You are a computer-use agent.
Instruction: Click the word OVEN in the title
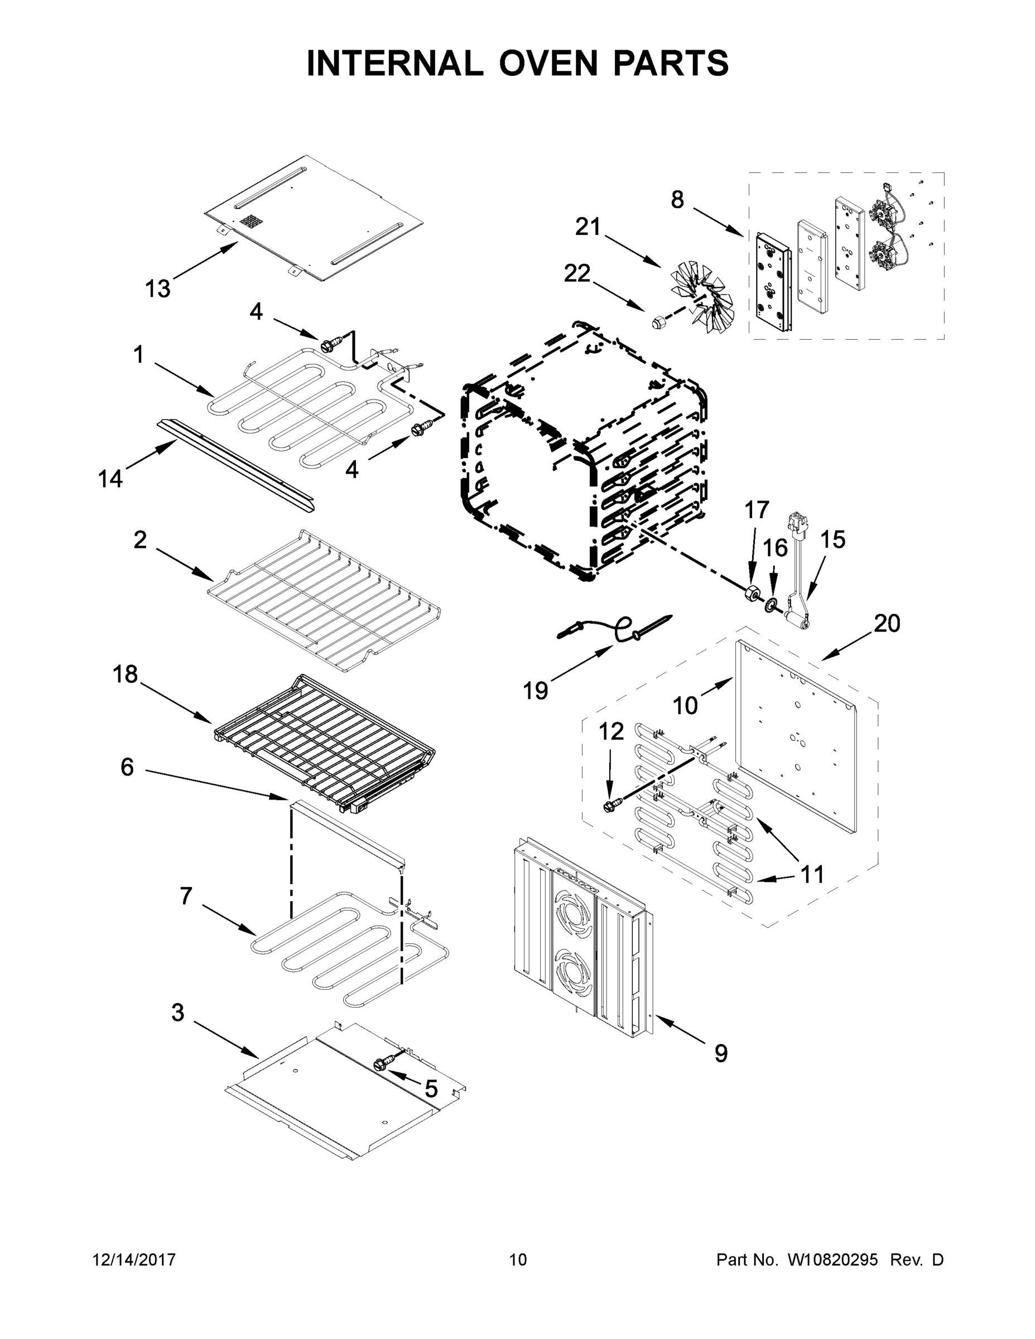tap(547, 63)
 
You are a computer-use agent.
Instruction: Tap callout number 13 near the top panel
tap(157, 288)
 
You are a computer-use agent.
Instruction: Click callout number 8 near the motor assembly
tap(677, 199)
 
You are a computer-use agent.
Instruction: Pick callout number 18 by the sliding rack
tap(125, 675)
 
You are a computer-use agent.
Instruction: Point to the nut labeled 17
tap(752, 594)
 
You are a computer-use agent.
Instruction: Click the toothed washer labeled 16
tap(771, 606)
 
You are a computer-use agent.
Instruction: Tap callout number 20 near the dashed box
tap(887, 624)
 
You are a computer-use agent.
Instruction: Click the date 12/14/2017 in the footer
tap(134, 1260)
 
